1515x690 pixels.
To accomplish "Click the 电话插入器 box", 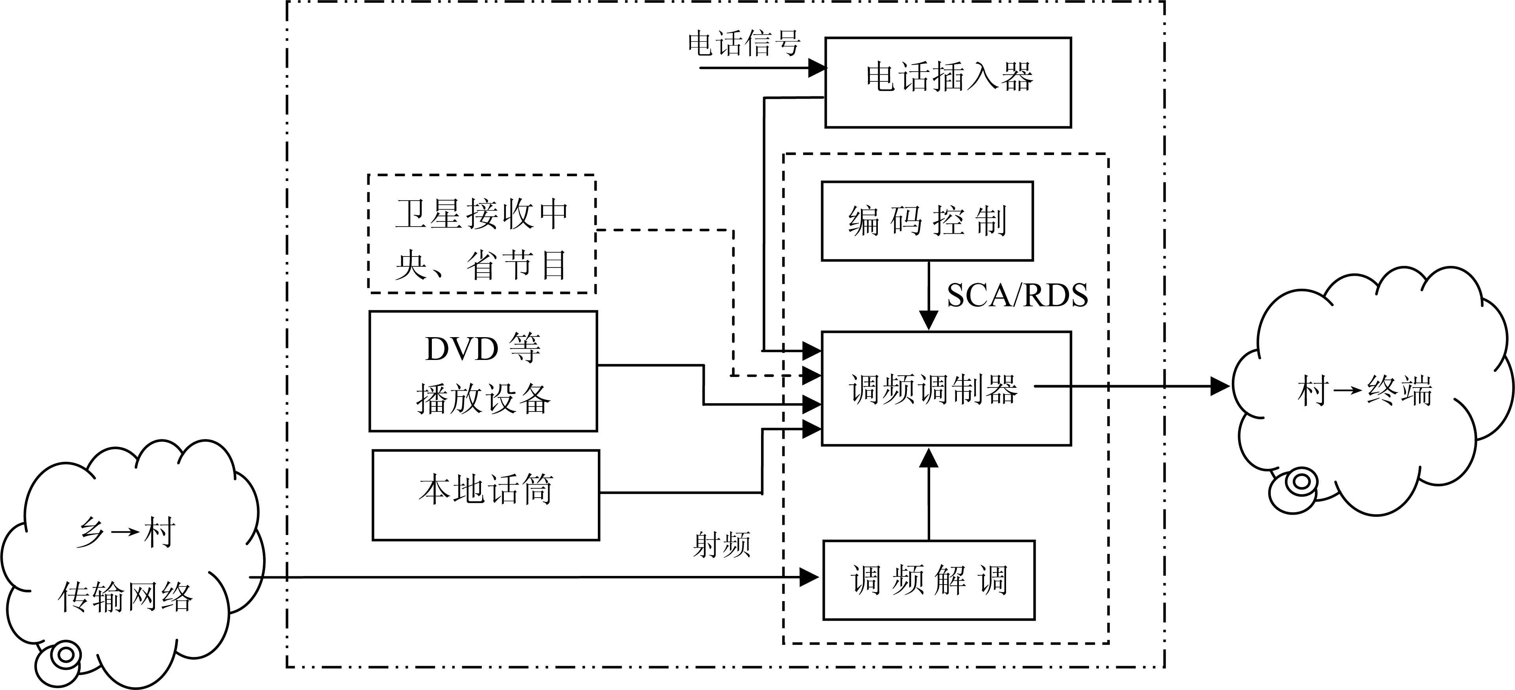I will pyautogui.click(x=947, y=82).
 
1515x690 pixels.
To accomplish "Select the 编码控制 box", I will pyautogui.click(x=927, y=221).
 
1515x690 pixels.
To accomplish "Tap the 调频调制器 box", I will pyautogui.click(x=946, y=388).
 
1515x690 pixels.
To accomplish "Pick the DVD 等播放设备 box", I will pyautogui.click(x=483, y=371).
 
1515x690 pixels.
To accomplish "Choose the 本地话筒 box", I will pyautogui.click(x=486, y=495).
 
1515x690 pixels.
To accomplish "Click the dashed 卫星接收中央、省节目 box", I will pyautogui.click(x=482, y=234).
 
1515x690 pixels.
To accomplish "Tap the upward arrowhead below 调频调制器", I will pyautogui.click(x=929, y=458).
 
